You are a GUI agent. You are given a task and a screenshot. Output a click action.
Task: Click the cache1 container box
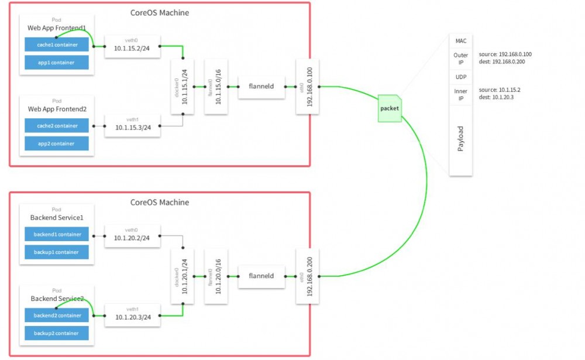pos(57,44)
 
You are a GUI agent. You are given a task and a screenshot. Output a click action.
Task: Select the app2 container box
pos(57,143)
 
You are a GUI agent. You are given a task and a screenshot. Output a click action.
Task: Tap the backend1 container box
pos(57,234)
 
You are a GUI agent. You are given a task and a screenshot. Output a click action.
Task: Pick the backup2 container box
pos(57,333)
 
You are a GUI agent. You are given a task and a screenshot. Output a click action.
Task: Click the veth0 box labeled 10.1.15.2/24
pos(132,47)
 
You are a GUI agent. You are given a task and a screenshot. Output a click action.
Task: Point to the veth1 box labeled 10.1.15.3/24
pos(132,126)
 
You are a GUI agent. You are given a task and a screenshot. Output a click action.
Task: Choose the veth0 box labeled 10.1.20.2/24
pos(132,236)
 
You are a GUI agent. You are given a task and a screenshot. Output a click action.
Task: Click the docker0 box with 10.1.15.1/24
pos(183,87)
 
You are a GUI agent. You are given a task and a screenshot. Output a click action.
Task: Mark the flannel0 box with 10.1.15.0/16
pos(215,87)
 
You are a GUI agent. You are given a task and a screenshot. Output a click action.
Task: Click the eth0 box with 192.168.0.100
pos(307,87)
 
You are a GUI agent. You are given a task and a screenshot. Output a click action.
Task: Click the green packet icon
pos(390,108)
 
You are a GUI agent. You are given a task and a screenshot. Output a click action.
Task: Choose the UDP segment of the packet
pos(460,77)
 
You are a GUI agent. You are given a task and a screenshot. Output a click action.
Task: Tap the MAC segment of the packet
pos(460,41)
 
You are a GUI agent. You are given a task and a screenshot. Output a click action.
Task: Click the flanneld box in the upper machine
pos(261,87)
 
